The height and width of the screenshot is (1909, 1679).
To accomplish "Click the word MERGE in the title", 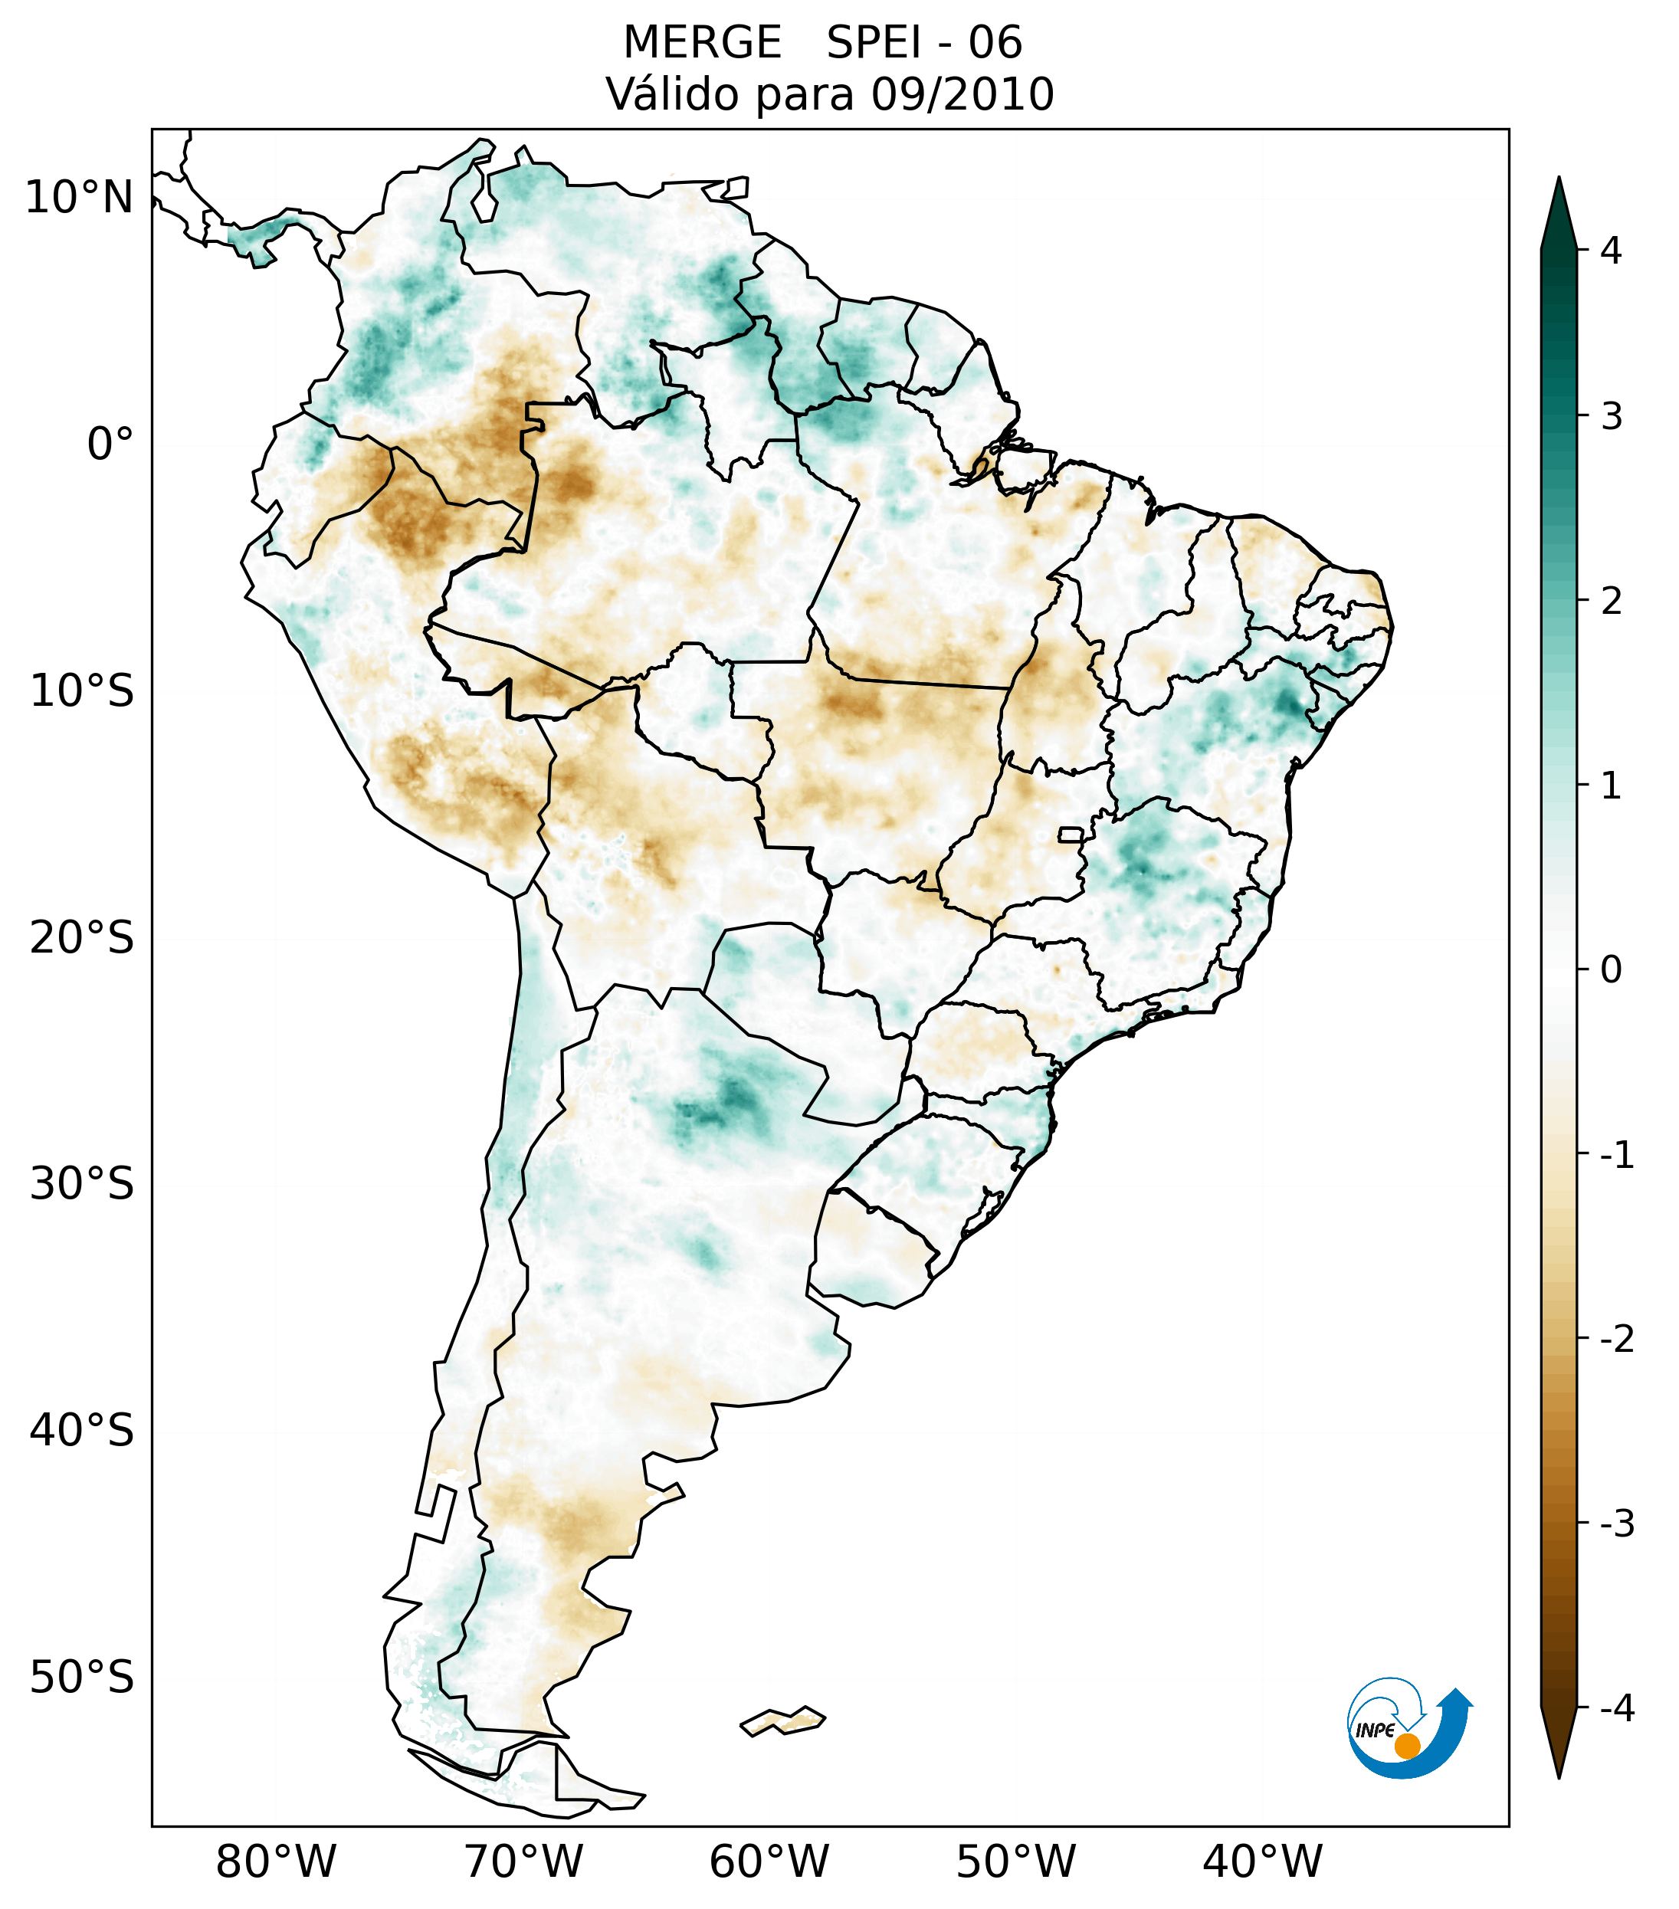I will coord(701,43).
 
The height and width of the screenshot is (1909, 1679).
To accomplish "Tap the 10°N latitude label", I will coord(80,198).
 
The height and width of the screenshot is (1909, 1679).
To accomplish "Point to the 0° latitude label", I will coord(110,444).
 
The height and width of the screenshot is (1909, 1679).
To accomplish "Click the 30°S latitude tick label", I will coord(82,1184).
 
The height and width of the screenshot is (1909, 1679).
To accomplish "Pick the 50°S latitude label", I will coord(82,1678).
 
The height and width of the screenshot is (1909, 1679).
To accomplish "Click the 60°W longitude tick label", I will coord(769,1861).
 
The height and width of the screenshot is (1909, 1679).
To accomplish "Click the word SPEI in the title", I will coord(873,43).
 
